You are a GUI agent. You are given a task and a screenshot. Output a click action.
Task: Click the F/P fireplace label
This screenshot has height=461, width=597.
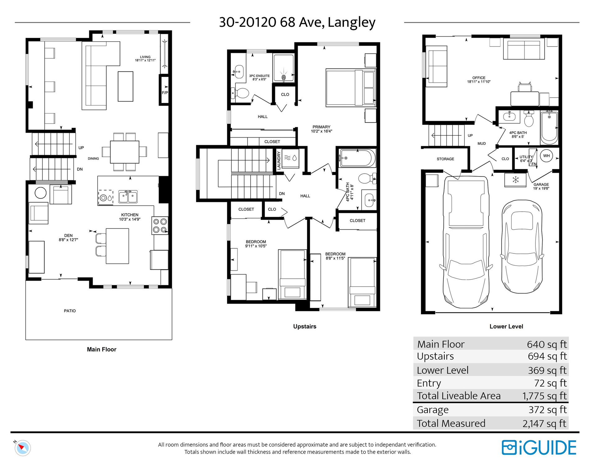coord(165,93)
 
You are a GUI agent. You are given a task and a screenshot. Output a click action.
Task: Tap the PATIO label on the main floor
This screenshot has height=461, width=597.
coord(70,311)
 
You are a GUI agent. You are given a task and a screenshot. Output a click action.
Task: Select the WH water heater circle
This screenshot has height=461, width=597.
coord(546,156)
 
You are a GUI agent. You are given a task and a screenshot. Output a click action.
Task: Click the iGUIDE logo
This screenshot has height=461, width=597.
coord(539,448)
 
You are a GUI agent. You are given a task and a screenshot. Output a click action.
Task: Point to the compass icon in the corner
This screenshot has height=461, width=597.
coord(22,448)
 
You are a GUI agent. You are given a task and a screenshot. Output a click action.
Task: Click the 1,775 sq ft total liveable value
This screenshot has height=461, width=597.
coord(544,396)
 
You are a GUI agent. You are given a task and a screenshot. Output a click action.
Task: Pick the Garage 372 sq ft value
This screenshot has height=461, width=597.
coord(548,410)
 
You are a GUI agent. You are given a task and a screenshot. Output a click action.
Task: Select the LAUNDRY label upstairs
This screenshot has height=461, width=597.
coord(279,160)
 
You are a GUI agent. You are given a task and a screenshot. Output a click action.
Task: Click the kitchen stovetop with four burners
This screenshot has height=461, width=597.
coord(160,226)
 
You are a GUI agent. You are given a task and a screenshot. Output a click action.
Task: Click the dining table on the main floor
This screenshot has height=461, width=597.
coord(124,152)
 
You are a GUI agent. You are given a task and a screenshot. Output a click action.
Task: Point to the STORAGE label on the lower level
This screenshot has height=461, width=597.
coord(445,159)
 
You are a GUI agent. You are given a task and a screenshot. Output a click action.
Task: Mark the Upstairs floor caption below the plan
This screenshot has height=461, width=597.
coord(305,326)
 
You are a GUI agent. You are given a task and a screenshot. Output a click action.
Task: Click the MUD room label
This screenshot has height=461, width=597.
coord(482,144)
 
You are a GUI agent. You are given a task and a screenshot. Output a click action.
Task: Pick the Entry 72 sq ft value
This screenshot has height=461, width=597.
coord(551,383)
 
